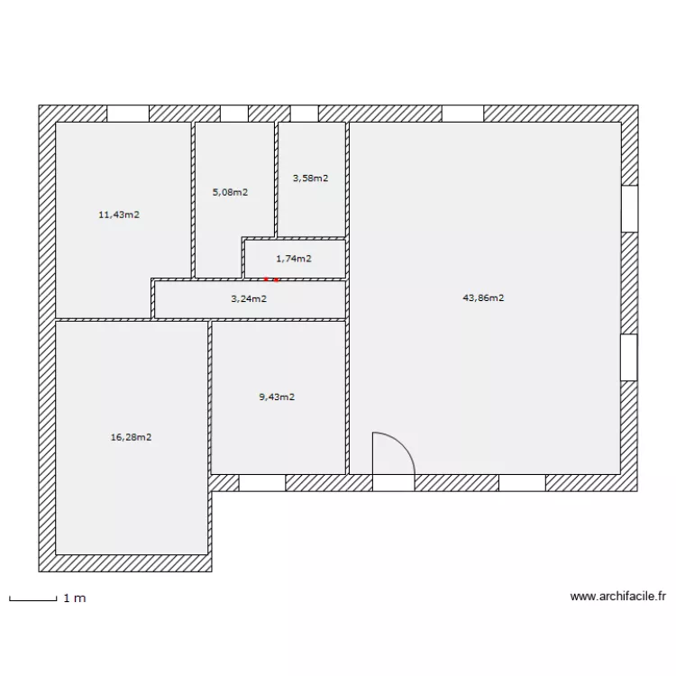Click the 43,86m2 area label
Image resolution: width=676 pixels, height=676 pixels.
coord(483,297)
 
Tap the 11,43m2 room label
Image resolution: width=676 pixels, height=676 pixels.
coord(119,215)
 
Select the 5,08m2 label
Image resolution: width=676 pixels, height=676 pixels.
coord(230,192)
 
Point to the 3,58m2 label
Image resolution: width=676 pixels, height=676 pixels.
coord(310,178)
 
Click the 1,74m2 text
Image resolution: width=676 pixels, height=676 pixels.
coord(294,259)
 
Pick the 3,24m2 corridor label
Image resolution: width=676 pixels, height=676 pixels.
coord(249,299)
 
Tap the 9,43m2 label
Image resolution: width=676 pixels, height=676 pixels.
coord(277,397)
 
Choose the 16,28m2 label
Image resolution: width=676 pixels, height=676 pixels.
coord(131,437)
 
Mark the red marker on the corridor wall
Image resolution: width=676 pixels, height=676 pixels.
coord(271,280)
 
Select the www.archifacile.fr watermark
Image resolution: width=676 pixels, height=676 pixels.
coord(617,596)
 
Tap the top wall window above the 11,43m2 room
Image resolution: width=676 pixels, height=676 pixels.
coord(128,114)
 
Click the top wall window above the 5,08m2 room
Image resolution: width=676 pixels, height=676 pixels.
coord(234,114)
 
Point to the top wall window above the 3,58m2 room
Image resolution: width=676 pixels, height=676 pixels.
coord(305,114)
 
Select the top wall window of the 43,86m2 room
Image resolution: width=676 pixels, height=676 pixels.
coord(462,114)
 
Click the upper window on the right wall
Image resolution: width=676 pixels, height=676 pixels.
coord(629,209)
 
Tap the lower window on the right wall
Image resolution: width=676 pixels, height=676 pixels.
coord(629,357)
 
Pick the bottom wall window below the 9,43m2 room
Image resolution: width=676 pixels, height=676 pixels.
coord(262,483)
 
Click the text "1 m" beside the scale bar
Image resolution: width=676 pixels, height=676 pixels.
coord(75,598)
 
